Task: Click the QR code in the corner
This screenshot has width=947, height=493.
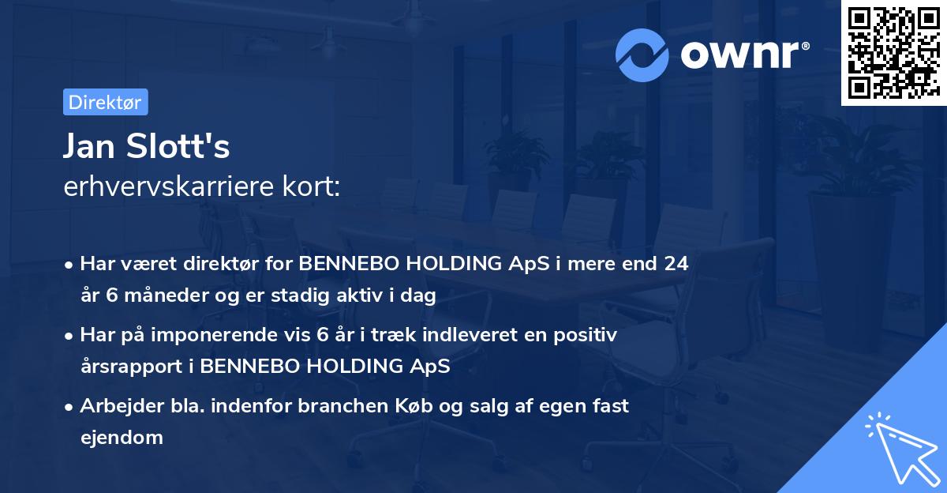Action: pos(893,52)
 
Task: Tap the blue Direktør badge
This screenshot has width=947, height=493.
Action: pos(105,102)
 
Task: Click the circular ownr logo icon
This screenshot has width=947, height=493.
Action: pos(642,55)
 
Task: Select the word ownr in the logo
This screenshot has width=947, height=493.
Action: pos(740,54)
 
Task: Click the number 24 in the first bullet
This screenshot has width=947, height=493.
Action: pos(676,264)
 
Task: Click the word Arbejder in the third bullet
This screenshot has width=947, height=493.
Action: pos(115,406)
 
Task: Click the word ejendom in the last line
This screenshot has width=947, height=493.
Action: pos(122,437)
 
